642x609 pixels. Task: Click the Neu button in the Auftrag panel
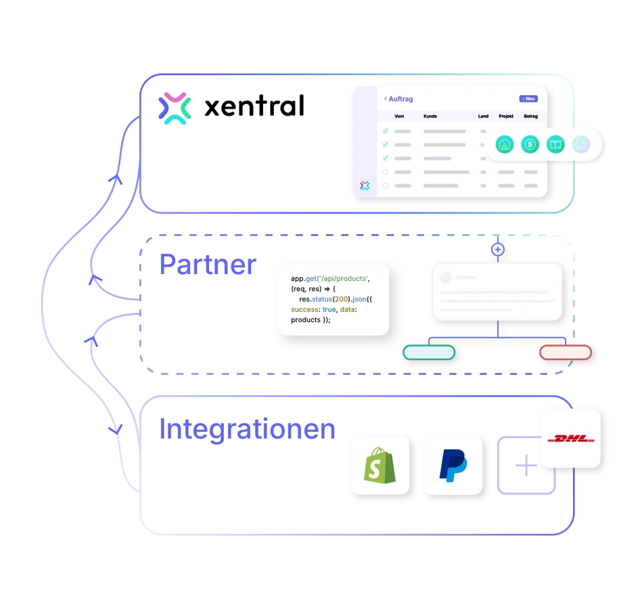528,99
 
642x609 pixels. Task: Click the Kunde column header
430,116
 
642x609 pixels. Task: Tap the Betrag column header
530,116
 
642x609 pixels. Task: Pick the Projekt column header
506,116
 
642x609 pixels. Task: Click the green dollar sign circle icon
530,144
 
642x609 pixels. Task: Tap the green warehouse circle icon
505,144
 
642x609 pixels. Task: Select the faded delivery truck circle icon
580,144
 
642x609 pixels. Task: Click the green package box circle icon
555,144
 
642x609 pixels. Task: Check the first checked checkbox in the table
386,131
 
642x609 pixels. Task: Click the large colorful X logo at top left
175,108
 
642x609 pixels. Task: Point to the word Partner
207,265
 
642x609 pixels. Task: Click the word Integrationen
247,430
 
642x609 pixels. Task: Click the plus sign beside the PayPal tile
526,467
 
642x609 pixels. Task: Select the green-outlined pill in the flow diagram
429,352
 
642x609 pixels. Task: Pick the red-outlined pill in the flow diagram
565,352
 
